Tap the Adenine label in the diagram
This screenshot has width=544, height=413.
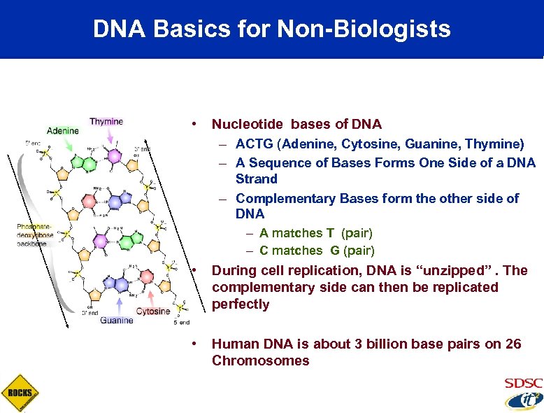pyautogui.click(x=63, y=130)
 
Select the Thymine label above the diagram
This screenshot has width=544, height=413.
pyautogui.click(x=106, y=121)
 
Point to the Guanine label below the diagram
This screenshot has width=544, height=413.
pyautogui.click(x=117, y=321)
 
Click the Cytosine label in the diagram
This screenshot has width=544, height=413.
pyautogui.click(x=153, y=311)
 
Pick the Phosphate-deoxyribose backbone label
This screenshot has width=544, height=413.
pyautogui.click(x=35, y=234)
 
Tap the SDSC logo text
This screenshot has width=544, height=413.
pyautogui.click(x=523, y=384)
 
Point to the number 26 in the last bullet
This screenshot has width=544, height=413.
pyautogui.click(x=514, y=344)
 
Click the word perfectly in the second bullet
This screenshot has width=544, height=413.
pyautogui.click(x=241, y=304)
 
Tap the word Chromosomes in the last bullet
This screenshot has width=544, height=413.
pyautogui.click(x=260, y=360)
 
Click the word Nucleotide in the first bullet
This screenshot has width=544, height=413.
pyautogui.click(x=248, y=125)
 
